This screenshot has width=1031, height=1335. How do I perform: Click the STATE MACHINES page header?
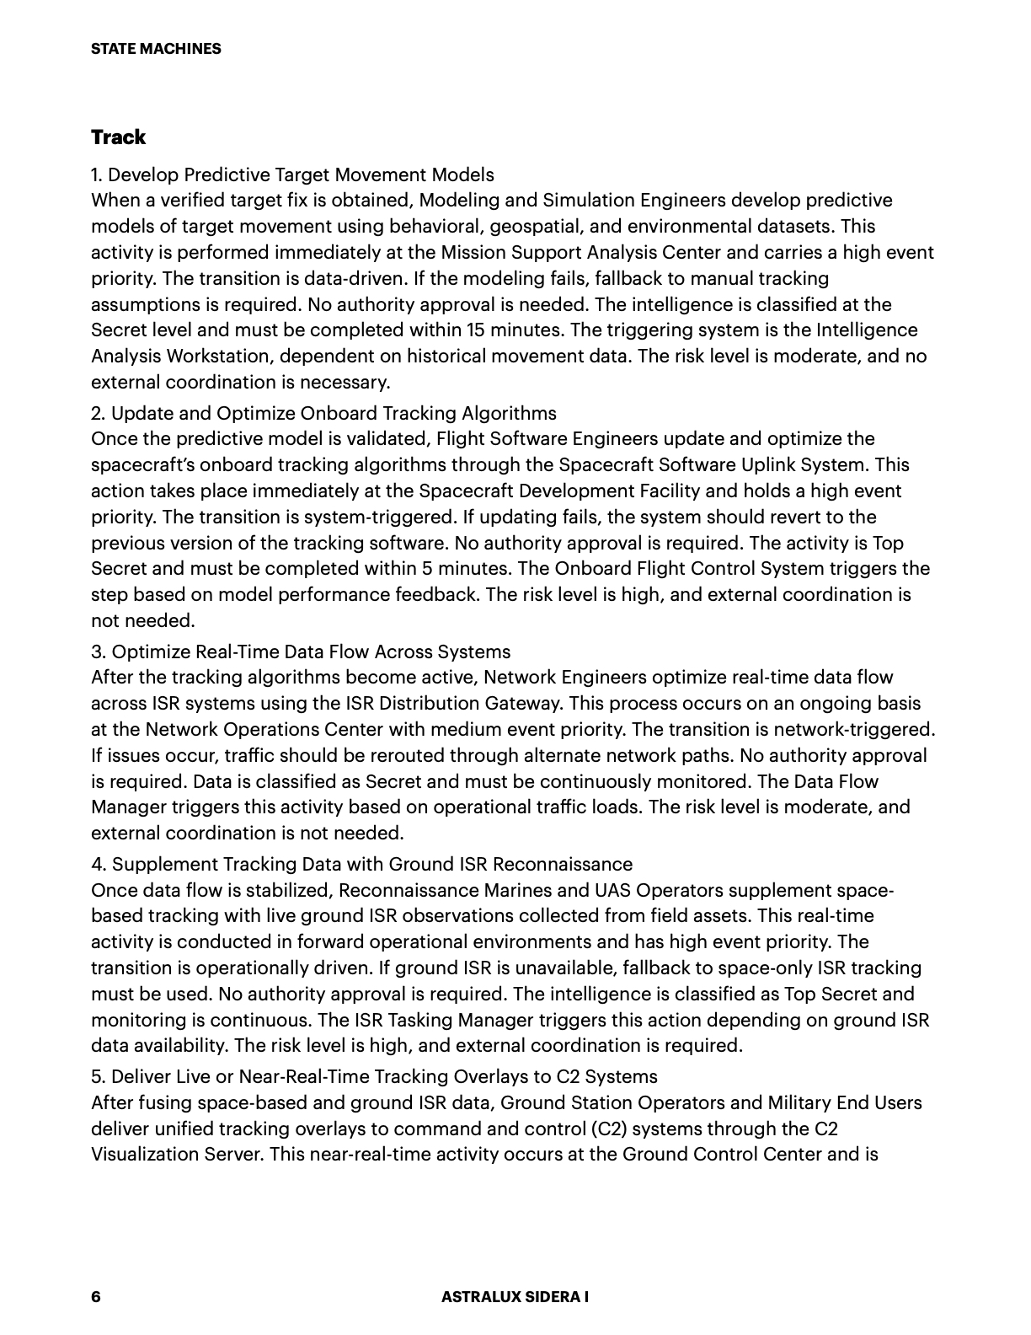pos(156,49)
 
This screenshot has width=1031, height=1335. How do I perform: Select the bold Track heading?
pos(118,137)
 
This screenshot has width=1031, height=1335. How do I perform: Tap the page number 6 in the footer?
pos(96,1297)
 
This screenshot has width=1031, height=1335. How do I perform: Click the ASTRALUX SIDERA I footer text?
pos(515,1297)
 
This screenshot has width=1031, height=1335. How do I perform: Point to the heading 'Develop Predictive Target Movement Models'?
pos(292,174)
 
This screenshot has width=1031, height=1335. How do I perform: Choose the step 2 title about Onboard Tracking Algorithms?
pos(324,413)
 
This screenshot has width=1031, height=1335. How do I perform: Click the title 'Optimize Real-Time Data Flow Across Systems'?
pos(301,651)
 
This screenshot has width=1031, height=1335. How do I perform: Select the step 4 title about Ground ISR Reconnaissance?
pos(362,864)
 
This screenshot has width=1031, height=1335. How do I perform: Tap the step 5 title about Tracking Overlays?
pos(375,1076)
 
